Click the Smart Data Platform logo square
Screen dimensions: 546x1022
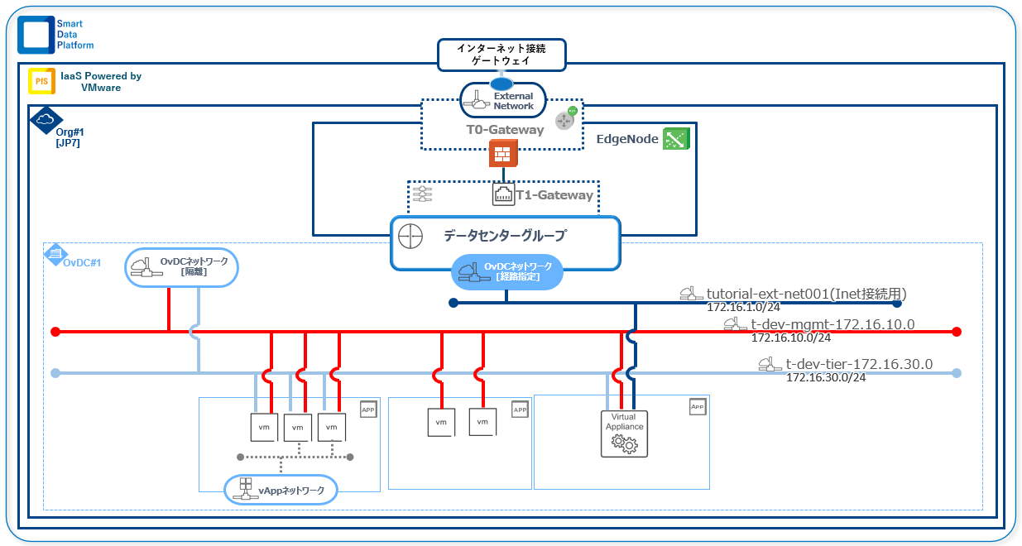(x=35, y=34)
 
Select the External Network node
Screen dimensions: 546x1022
(x=502, y=100)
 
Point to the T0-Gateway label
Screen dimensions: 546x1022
(x=505, y=130)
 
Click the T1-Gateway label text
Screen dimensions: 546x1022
(x=554, y=195)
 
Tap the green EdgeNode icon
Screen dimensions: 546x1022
(x=675, y=139)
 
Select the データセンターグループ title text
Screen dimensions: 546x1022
(x=505, y=236)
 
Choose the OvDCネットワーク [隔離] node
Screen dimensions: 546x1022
(x=181, y=266)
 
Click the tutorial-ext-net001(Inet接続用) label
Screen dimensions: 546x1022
(x=806, y=294)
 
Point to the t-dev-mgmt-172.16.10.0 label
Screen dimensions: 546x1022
(x=832, y=324)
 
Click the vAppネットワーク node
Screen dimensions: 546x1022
(x=281, y=490)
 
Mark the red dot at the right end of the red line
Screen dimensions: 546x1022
(x=957, y=332)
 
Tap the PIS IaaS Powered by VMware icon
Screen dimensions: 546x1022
(x=41, y=81)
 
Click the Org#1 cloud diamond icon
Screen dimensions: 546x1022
(x=46, y=120)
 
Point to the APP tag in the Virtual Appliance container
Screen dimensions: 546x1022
(x=698, y=406)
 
